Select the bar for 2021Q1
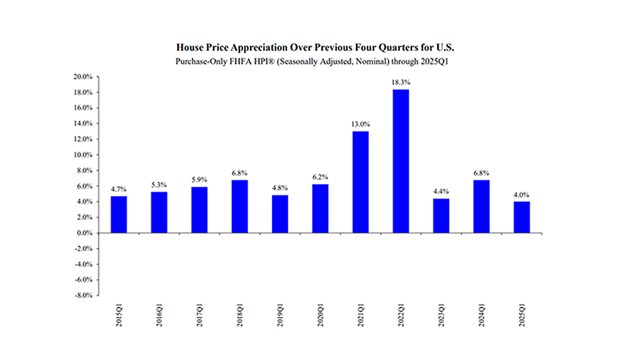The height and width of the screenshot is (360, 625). coord(361,182)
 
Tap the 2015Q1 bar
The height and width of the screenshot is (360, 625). coord(119,214)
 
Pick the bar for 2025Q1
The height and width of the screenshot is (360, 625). coord(522,217)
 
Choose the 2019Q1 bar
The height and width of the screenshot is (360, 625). coord(280,214)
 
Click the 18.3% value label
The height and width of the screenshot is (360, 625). coord(401,83)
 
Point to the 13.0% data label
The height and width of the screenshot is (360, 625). coord(361,124)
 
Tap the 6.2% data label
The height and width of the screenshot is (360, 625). coord(320,177)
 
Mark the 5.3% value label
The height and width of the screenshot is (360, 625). coord(159,184)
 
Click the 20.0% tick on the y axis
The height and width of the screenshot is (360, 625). coord(82,77)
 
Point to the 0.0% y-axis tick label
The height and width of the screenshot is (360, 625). coord(83,233)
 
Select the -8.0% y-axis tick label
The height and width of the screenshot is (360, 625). coord(83,296)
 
